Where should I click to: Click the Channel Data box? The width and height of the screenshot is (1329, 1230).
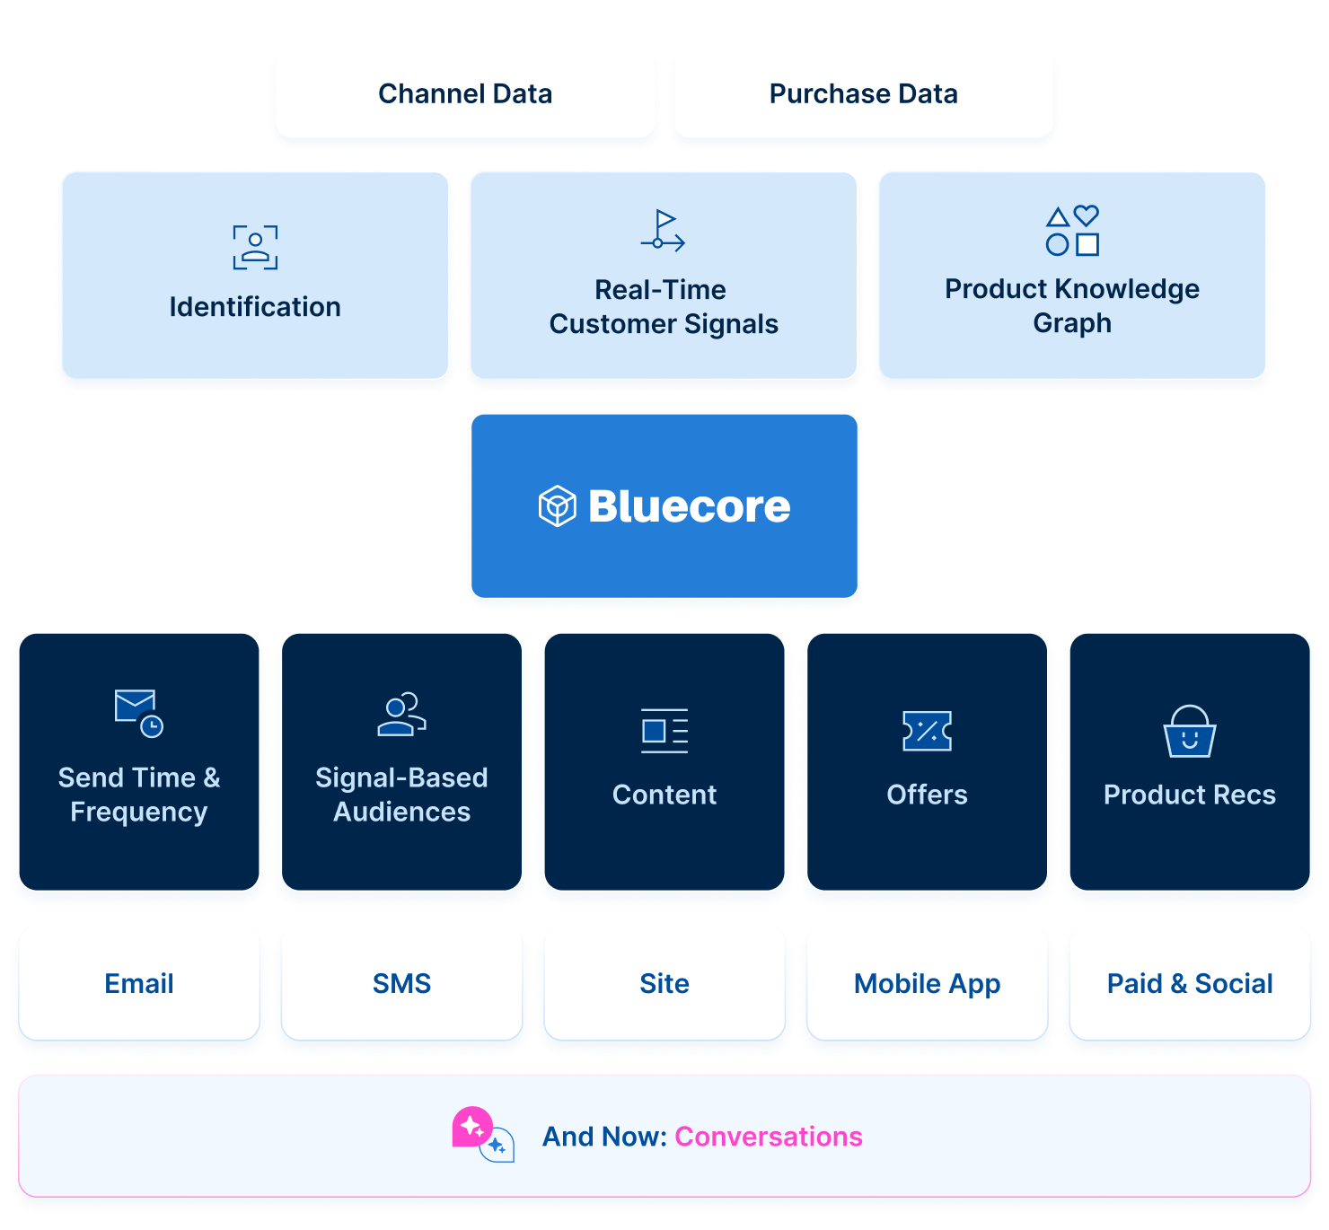click(x=465, y=93)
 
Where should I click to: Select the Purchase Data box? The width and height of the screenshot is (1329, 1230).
click(x=863, y=93)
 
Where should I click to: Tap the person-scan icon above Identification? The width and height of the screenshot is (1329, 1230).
click(x=255, y=248)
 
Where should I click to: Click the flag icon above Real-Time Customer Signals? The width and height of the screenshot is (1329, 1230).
click(x=663, y=230)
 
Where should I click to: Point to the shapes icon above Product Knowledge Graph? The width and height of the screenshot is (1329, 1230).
click(x=1072, y=231)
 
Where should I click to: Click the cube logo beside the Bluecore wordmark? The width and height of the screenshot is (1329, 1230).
click(x=557, y=506)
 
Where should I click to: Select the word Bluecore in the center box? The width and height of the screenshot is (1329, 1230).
click(x=689, y=506)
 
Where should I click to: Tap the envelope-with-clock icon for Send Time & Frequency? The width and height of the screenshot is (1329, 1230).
click(x=138, y=713)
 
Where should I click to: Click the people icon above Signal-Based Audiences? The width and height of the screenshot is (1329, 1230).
click(x=401, y=715)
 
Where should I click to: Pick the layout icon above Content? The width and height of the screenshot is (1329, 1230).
click(x=664, y=731)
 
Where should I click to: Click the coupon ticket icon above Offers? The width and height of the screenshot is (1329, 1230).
click(x=927, y=731)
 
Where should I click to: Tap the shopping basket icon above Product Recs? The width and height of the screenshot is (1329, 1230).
click(x=1189, y=732)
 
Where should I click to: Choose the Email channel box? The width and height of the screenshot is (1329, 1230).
click(x=139, y=983)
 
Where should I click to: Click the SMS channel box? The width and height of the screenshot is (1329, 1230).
click(x=401, y=983)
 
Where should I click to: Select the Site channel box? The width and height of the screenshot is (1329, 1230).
click(x=664, y=983)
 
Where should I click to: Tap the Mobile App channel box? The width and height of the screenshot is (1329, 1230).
click(x=927, y=983)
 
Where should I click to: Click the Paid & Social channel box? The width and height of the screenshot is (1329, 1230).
click(x=1189, y=983)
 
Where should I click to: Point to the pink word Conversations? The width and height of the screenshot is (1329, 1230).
click(x=768, y=1137)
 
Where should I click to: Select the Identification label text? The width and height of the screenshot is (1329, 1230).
click(x=255, y=307)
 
